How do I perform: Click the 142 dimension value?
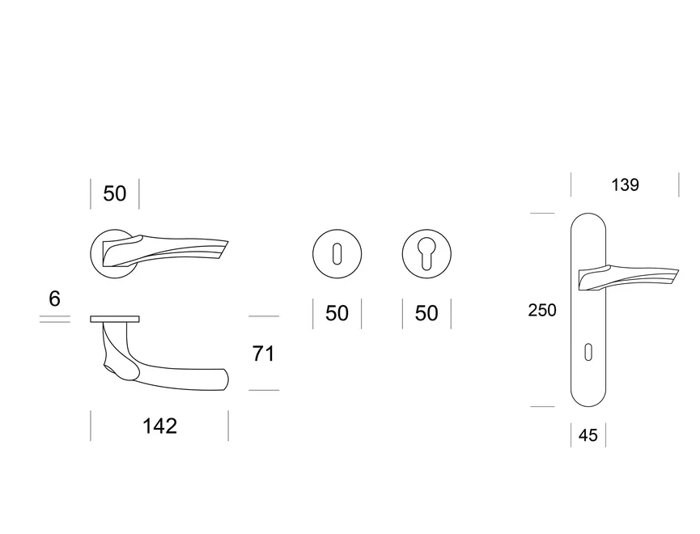tap(159, 426)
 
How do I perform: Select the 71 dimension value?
tap(263, 354)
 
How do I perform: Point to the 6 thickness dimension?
tap(54, 299)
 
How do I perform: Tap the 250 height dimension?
tap(542, 310)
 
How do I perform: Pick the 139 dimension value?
tap(625, 185)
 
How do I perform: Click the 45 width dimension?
tap(588, 435)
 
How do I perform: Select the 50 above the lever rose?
tap(115, 194)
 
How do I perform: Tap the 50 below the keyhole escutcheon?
tap(337, 313)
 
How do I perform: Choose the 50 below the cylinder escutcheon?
tap(426, 313)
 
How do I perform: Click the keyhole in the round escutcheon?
tap(337, 253)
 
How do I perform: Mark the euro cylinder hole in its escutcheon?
tap(426, 251)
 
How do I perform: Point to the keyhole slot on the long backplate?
tap(588, 351)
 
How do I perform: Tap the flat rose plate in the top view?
tap(115, 318)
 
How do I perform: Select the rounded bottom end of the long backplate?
tap(588, 400)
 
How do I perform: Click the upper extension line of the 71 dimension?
tap(264, 316)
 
